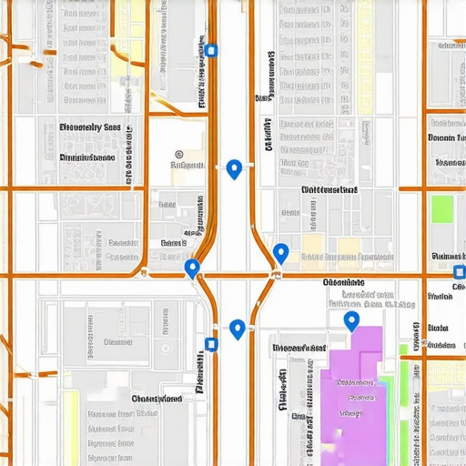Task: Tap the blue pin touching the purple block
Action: [351, 320]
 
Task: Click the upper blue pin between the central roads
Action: [234, 168]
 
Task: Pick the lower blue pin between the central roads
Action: [238, 329]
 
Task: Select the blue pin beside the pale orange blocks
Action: [280, 253]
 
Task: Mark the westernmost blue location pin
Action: [192, 268]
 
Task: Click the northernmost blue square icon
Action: [211, 51]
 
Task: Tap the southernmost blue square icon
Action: [211, 344]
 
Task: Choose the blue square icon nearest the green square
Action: [458, 272]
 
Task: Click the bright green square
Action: [441, 209]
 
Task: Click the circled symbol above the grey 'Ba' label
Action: [178, 155]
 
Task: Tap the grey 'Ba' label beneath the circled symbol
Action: [187, 167]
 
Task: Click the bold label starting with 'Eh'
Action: [89, 128]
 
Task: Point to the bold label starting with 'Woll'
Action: [329, 189]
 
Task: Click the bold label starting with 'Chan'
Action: [156, 399]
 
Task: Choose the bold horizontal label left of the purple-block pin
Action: [299, 348]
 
